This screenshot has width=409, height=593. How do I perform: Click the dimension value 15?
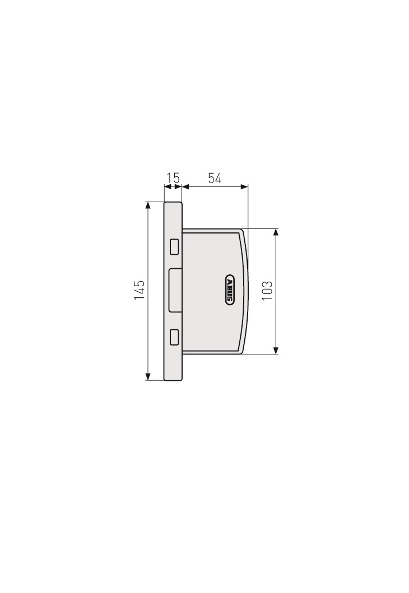pyautogui.click(x=173, y=178)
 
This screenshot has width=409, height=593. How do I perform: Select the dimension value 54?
pyautogui.click(x=215, y=178)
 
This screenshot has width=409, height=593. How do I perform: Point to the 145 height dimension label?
pyautogui.click(x=140, y=291)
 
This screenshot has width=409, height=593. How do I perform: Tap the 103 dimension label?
pyautogui.click(x=267, y=291)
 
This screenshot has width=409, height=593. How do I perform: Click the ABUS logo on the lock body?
pyautogui.click(x=229, y=290)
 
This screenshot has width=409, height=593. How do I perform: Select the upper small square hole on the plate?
pyautogui.click(x=174, y=246)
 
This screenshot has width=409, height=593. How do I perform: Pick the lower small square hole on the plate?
pyautogui.click(x=174, y=337)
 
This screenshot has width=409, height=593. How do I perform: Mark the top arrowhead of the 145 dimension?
pyautogui.click(x=148, y=206)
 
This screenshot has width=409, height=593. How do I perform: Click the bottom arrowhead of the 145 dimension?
pyautogui.click(x=148, y=377)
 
